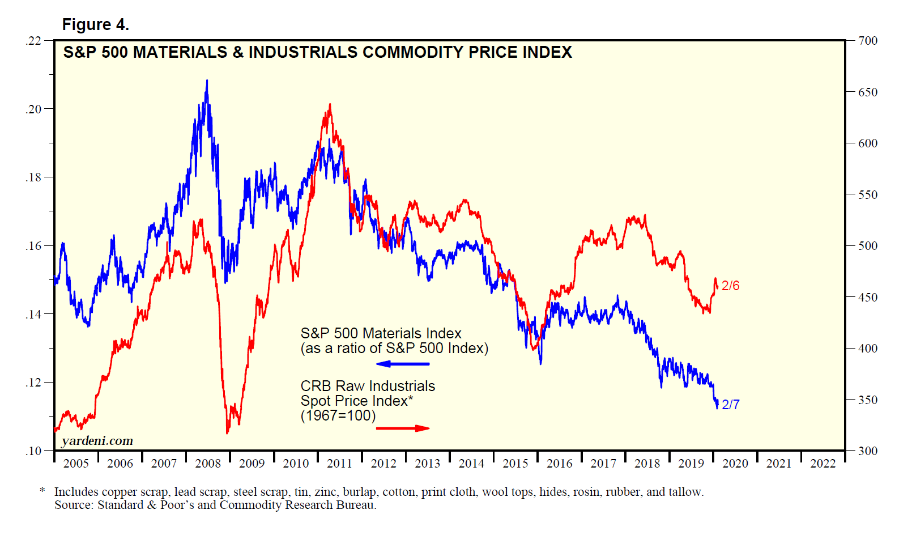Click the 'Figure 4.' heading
pos(95,24)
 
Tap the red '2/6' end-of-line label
pos(730,286)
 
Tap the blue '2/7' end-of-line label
pos(730,405)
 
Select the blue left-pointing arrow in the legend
pos(403,364)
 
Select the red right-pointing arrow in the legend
pos(403,428)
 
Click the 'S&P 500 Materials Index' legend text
pos(381,333)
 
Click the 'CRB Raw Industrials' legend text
pos(368,386)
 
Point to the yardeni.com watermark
pos(97,441)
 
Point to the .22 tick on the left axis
pos(33,41)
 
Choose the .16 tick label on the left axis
pos(33,246)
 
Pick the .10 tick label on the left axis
pos(33,451)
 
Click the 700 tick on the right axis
pos(867,41)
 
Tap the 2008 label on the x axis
pos(208,464)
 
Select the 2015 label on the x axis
pos(515,464)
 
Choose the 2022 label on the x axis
pos(822,464)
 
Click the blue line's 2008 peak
pos(207,80)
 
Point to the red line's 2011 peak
pos(330,105)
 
